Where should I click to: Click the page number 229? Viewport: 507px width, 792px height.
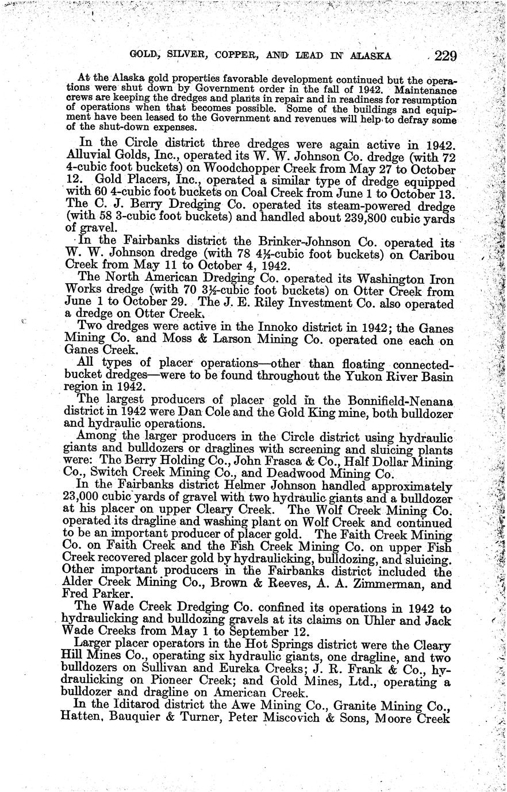coord(445,56)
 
